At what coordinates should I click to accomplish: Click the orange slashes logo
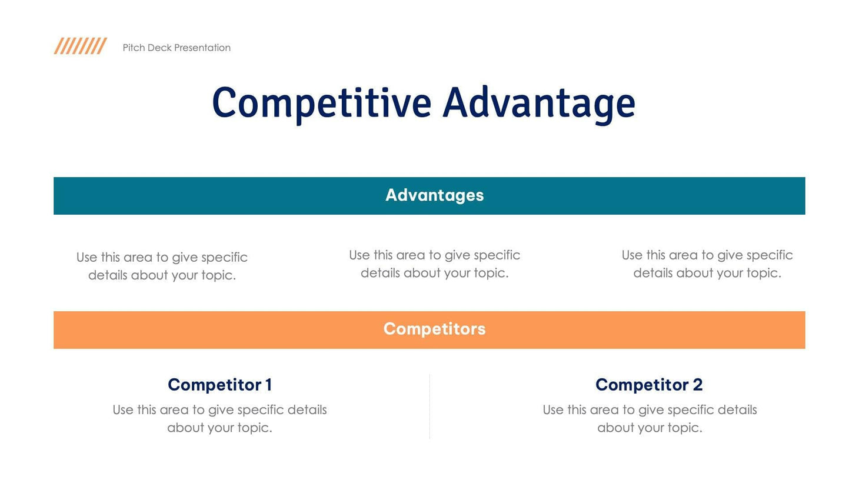80,46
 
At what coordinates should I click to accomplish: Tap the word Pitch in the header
134,48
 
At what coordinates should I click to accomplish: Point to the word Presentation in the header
202,48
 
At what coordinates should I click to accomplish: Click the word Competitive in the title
321,104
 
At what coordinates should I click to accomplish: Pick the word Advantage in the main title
538,104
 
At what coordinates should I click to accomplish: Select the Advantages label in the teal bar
434,195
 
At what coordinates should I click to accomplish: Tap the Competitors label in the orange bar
434,329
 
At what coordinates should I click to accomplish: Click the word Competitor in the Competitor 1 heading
214,385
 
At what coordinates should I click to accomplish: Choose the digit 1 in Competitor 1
268,385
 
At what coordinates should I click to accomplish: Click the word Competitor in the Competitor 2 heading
642,385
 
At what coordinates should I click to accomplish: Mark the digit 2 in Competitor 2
697,385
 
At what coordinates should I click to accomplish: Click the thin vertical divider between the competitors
429,406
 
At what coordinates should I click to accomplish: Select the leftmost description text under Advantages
162,266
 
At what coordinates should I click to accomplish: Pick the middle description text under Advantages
434,264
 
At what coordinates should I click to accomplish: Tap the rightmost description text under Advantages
707,264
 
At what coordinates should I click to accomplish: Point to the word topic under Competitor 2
682,428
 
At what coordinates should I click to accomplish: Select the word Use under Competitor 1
123,410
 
